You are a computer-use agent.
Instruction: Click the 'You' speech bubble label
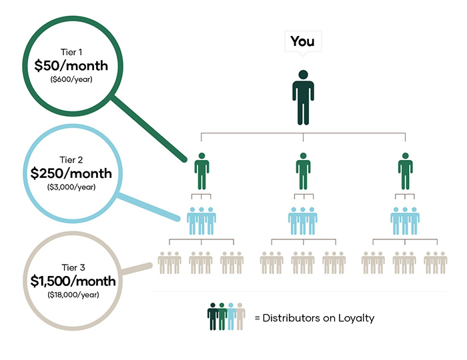303,41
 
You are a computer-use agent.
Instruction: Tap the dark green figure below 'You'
303,97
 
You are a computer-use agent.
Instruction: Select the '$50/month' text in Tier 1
71,66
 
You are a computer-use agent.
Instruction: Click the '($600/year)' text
71,79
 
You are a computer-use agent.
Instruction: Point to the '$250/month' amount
71,173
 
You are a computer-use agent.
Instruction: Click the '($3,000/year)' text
71,187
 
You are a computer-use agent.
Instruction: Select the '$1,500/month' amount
73,281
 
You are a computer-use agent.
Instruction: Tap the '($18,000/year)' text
73,295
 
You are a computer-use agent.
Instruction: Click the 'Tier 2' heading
71,160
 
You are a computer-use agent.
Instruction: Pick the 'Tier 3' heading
73,268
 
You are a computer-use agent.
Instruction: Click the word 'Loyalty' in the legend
356,319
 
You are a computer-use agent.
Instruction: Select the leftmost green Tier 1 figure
201,171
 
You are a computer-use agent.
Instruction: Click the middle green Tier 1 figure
303,171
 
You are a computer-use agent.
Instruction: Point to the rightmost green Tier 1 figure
406,171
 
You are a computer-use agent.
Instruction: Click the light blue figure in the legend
231,317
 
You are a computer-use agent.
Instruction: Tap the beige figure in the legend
240,317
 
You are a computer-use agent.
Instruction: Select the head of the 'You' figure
303,75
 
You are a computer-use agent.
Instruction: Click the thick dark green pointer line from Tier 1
148,129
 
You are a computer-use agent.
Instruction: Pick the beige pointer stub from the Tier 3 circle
137,268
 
